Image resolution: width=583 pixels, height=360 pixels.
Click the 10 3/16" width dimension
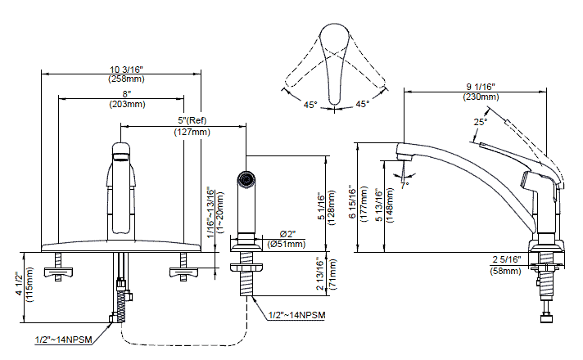coord(126,70)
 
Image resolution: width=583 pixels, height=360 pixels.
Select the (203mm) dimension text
coord(127,105)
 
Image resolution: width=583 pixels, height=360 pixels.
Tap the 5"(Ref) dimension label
coord(192,120)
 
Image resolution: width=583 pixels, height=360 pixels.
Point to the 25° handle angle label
coord(480,122)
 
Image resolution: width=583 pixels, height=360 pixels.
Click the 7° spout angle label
coord(404,185)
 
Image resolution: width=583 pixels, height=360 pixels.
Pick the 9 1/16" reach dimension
coord(481,87)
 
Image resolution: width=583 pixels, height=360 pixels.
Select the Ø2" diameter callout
coord(287,234)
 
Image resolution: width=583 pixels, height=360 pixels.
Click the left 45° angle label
coord(310,106)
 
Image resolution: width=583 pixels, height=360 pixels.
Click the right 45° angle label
coord(362,104)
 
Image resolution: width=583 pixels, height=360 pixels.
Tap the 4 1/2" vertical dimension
coord(20,285)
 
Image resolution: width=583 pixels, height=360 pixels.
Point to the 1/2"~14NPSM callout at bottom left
coord(64,340)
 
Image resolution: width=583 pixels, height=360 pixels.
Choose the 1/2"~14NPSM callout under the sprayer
coord(296,316)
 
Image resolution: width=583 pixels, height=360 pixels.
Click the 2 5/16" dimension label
coord(507,259)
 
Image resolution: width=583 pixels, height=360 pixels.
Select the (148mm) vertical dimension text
coord(390,205)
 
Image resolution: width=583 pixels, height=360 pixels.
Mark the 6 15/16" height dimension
coord(353,203)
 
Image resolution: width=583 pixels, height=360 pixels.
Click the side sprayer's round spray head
coord(246,179)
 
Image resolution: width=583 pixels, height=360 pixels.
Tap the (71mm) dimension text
coord(332,274)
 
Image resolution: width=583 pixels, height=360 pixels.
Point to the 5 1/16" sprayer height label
coord(321,206)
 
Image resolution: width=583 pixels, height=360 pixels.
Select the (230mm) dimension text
coord(481,97)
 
